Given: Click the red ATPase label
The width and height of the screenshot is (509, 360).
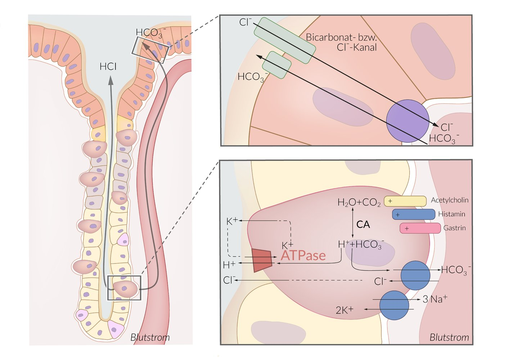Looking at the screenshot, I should click(303, 256).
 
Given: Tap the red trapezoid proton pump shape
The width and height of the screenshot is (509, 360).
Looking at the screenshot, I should click(262, 260).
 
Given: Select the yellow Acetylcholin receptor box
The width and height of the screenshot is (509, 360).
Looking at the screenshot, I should click(405, 201).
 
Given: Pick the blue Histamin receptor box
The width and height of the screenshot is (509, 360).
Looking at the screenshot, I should click(413, 215).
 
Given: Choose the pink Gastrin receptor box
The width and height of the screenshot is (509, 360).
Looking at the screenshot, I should click(420, 228).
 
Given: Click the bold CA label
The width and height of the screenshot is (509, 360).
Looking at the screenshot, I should click(363, 225).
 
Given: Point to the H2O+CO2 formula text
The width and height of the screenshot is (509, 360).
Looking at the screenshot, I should click(359, 203).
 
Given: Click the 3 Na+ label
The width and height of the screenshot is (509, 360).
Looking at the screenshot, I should click(435, 299).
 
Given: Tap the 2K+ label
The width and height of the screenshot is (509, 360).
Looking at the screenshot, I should click(344, 310).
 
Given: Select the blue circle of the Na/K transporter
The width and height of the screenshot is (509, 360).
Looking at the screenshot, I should click(394, 305).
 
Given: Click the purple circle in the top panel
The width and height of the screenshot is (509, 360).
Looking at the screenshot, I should click(407, 121).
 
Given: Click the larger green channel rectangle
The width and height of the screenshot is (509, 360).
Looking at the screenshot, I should click(285, 40).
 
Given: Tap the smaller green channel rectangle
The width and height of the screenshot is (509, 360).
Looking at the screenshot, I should click(276, 65).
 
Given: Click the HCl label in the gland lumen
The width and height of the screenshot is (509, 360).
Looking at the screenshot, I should click(108, 67).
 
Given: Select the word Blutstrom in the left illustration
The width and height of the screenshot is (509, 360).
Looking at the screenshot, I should click(150, 337).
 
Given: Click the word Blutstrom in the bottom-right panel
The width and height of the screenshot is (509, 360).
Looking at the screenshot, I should click(449, 337).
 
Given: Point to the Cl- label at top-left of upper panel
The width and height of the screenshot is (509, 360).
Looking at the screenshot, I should click(246, 22).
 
